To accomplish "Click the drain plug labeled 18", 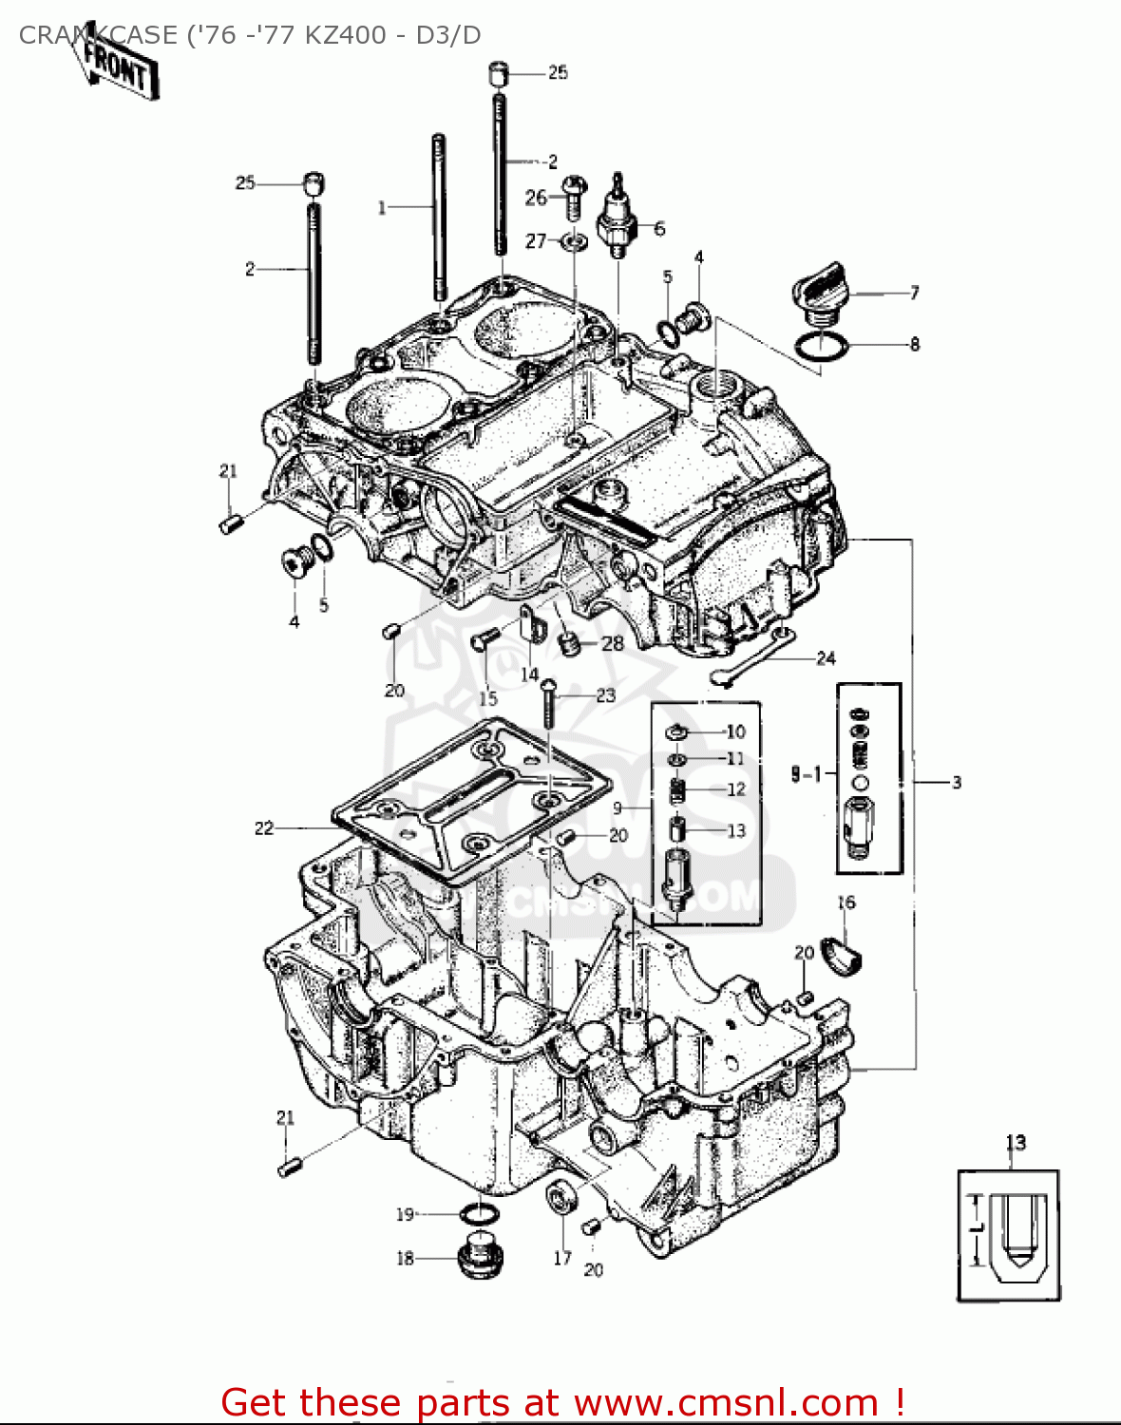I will point(481,1258).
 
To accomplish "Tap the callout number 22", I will point(264,828).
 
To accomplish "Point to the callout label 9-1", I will point(806,774).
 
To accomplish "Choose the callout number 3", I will point(957,782).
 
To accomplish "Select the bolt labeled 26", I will point(572,195).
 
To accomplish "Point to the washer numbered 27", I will point(573,241).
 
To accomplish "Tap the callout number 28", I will point(613,643).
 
